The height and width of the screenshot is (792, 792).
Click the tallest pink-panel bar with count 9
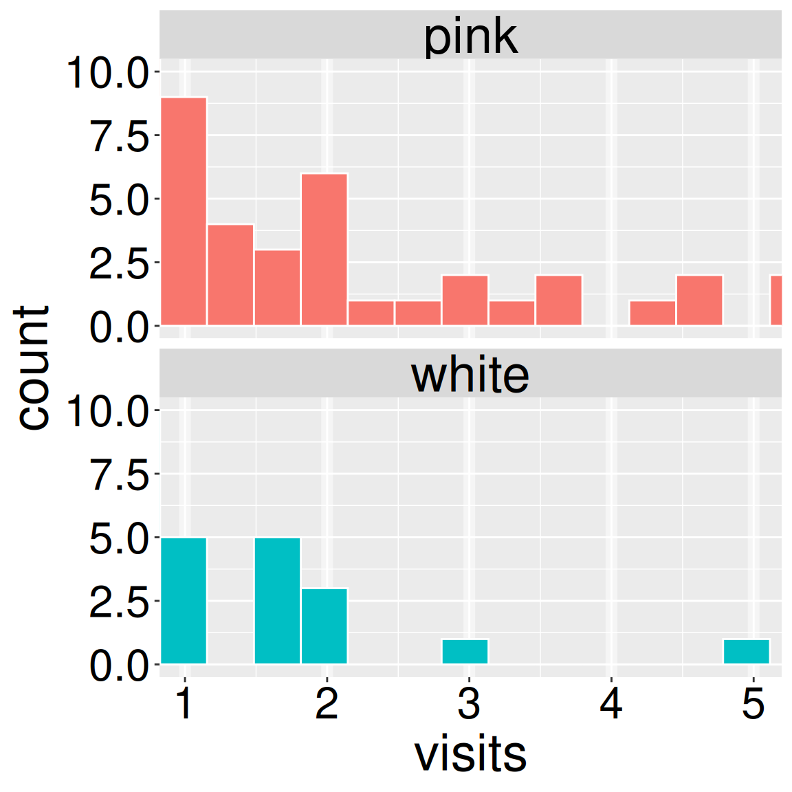point(184,211)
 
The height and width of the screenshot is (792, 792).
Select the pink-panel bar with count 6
point(324,249)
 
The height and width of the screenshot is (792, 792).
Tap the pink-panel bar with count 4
point(230,274)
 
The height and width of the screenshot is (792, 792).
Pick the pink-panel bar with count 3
point(277,287)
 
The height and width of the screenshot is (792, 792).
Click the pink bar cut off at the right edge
point(775,300)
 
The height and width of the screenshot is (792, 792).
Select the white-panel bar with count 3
point(324,626)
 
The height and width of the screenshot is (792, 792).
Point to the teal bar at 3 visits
point(465,652)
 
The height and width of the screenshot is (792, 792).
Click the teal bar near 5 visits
point(747,652)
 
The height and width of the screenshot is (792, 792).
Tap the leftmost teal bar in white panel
point(184,601)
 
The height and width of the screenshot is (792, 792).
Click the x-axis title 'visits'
point(470,754)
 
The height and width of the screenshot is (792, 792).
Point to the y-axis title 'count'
point(32,368)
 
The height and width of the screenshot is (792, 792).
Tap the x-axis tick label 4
point(611,704)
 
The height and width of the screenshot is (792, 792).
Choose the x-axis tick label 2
point(327,704)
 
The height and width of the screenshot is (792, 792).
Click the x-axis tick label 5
point(753,704)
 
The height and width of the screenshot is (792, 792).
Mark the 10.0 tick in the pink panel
point(107,73)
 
